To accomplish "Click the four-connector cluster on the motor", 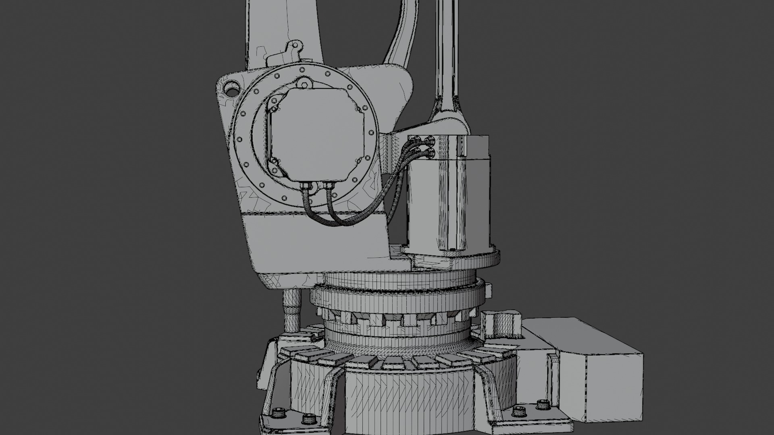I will (422, 146).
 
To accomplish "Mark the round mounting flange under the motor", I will (451, 258).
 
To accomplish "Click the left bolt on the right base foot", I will (519, 412).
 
